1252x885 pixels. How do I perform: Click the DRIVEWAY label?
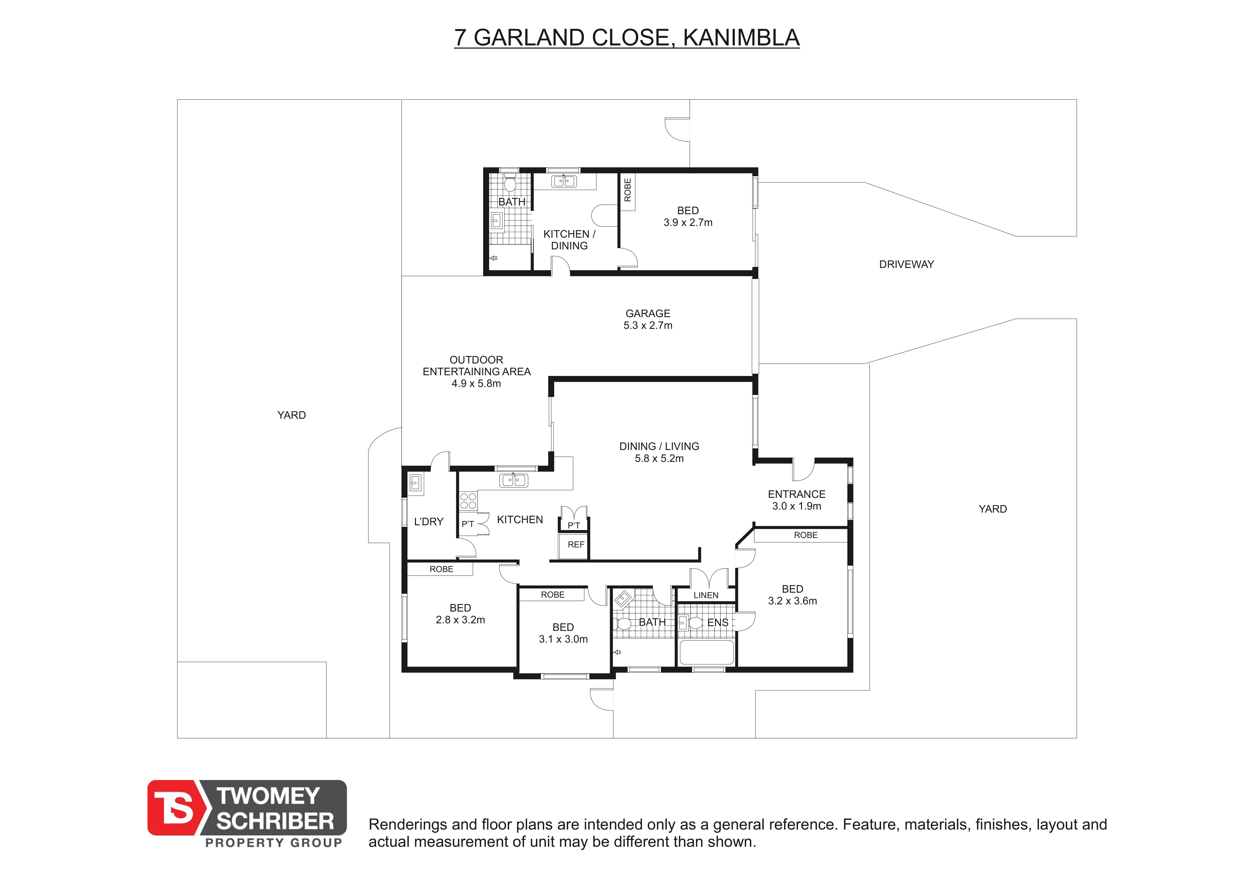906,264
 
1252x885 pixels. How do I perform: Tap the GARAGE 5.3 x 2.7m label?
648,319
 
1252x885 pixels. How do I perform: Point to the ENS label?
718,622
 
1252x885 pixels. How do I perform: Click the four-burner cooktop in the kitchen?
468,501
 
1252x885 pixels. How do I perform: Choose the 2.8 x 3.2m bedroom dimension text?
460,620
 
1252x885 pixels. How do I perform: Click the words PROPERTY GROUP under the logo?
273,842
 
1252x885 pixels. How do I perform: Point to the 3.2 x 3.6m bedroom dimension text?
792,601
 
